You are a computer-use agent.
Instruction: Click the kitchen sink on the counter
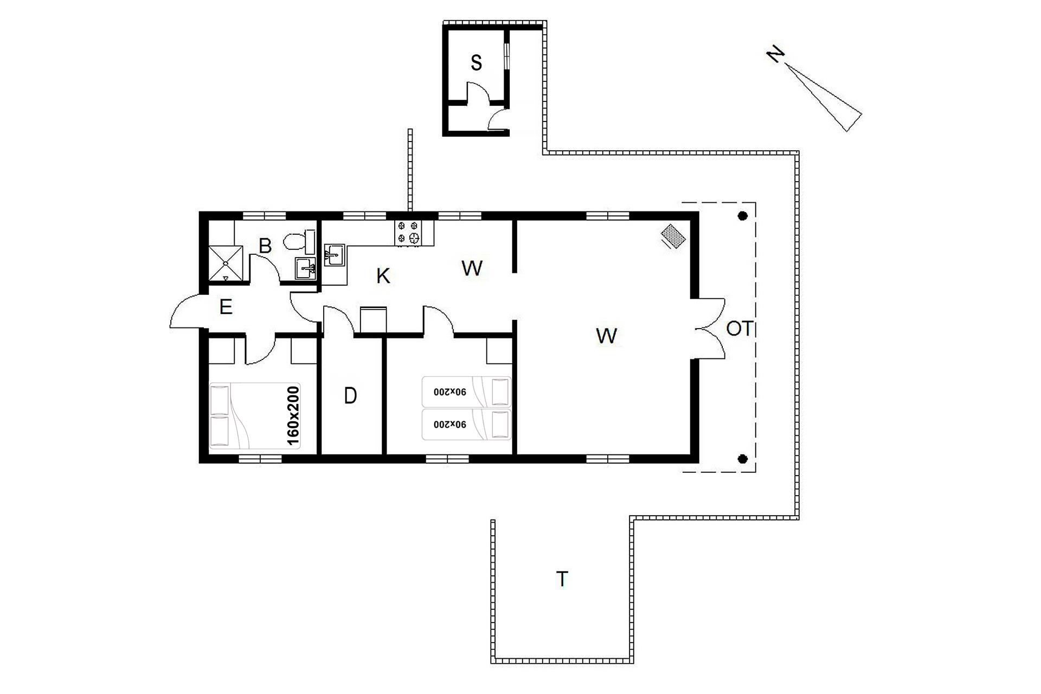pos(334,255)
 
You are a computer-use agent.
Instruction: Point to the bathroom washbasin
pos(305,268)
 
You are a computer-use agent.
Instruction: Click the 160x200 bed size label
pos(292,416)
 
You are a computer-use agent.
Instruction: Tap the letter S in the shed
pos(476,63)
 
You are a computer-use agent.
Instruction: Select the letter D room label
pos(350,396)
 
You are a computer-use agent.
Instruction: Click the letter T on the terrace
pos(562,579)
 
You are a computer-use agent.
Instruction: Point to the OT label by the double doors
pos(740,329)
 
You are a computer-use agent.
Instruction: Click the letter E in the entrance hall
pos(226,307)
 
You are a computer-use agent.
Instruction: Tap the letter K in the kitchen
pos(383,275)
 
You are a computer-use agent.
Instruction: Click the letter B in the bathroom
pos(265,246)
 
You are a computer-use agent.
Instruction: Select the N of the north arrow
pos(776,54)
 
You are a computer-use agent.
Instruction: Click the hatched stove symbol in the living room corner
pos(673,236)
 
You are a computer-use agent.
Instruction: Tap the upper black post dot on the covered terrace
pos(743,216)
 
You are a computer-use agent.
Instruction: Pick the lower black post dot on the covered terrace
pos(743,459)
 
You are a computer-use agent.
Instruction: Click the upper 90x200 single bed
pos(466,391)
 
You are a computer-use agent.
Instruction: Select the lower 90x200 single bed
pos(466,424)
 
